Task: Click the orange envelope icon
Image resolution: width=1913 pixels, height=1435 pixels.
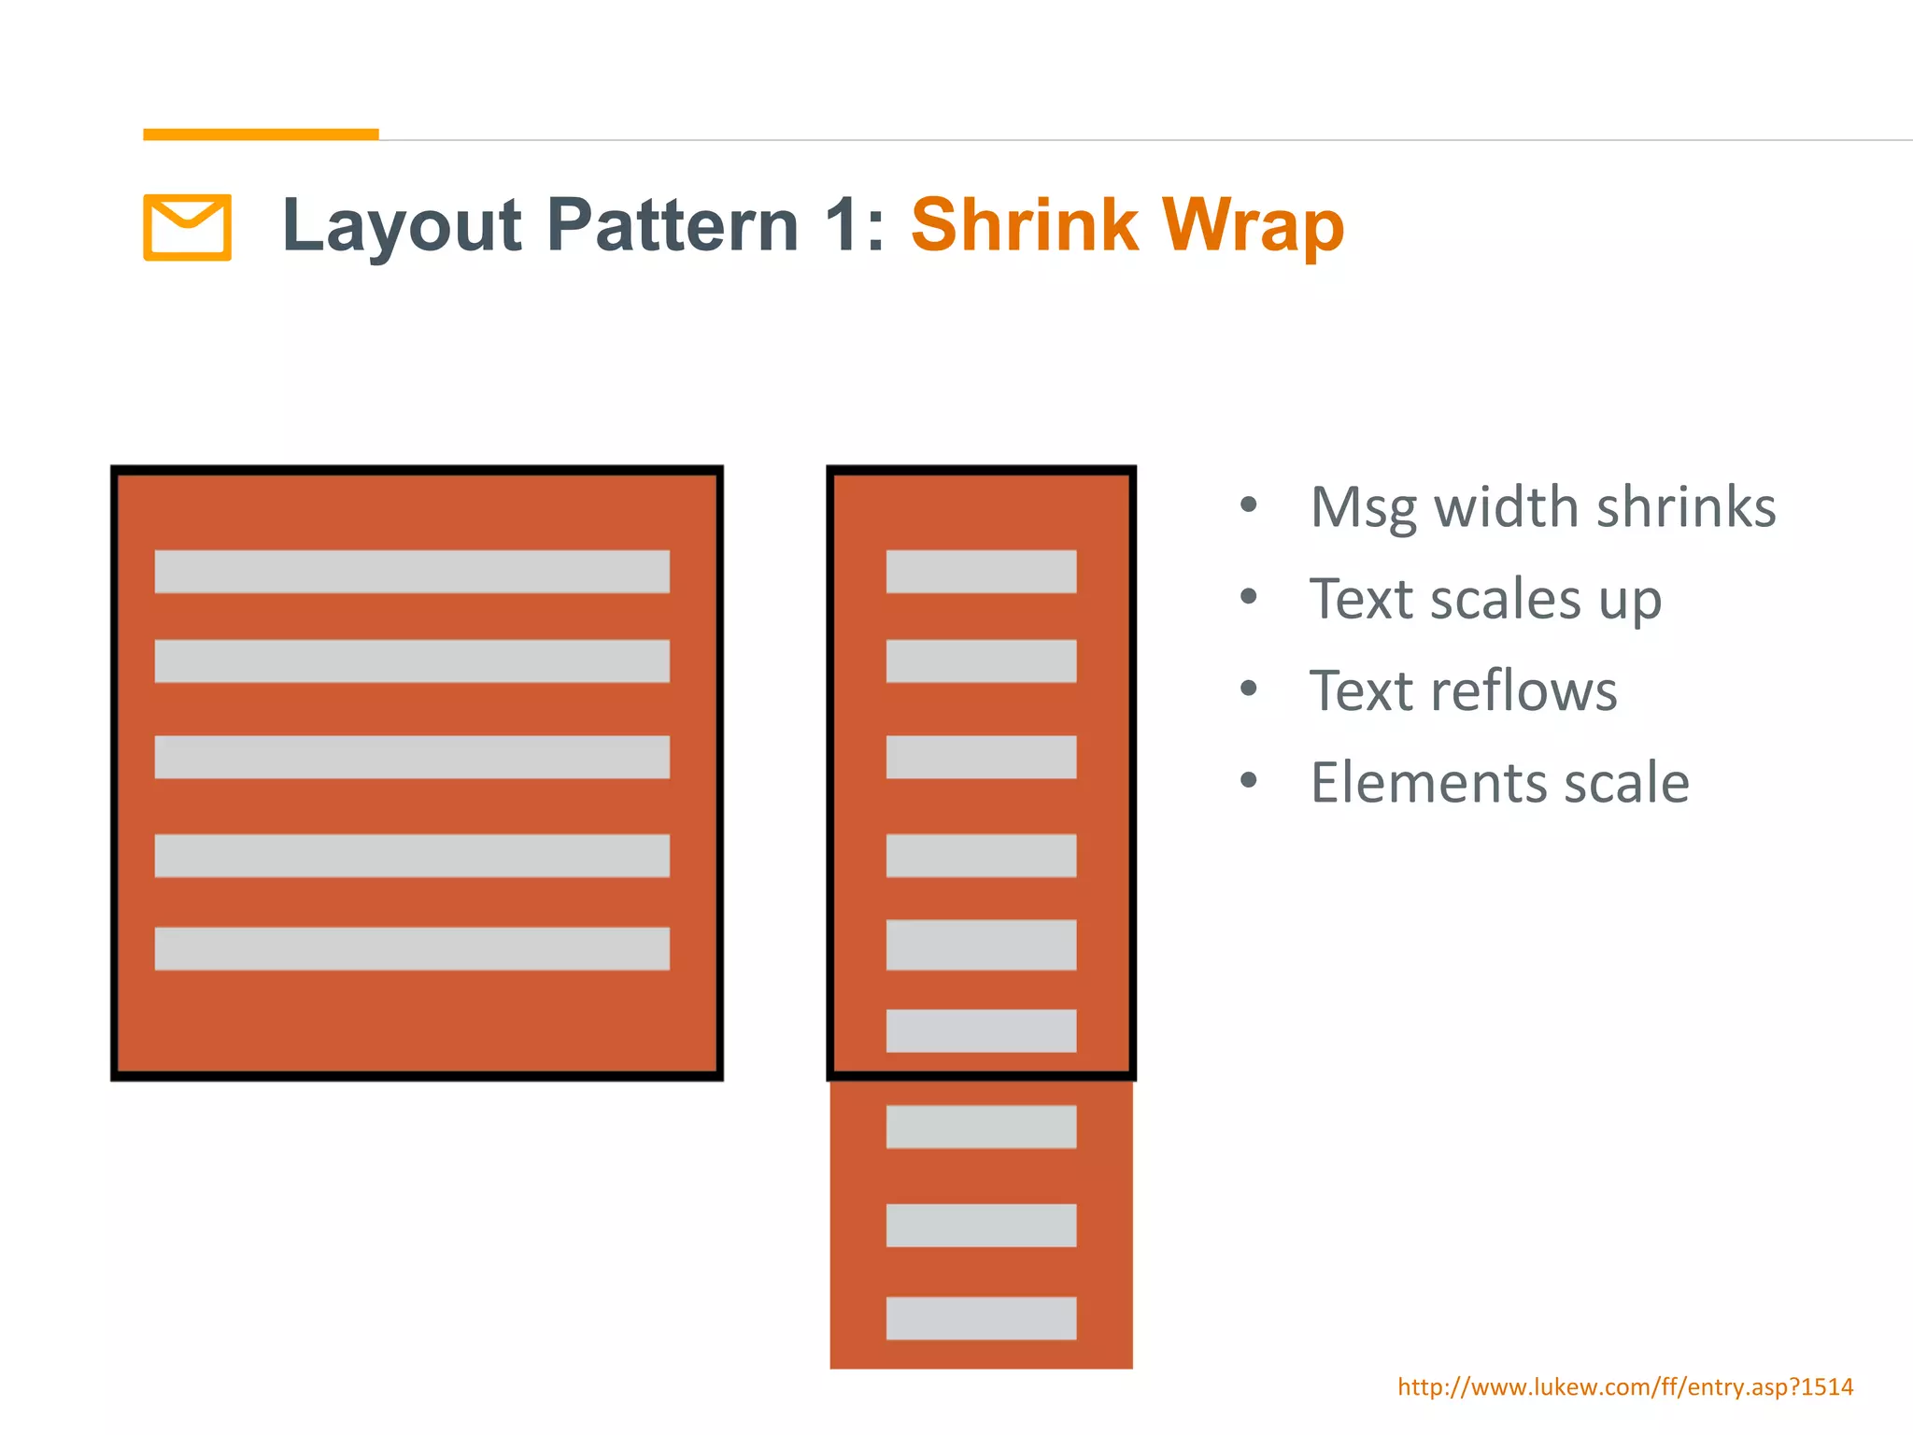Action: click(x=187, y=227)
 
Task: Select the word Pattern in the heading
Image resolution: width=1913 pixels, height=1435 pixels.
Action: click(x=673, y=225)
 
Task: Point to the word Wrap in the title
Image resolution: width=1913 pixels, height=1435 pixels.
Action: click(x=1252, y=227)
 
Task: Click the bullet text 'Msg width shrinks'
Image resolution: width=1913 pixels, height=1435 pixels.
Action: click(x=1542, y=507)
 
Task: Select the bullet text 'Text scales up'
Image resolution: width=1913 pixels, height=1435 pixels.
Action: click(x=1485, y=599)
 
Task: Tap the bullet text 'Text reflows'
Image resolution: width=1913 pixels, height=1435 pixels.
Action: click(x=1463, y=691)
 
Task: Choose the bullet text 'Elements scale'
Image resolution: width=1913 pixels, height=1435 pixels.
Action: click(x=1499, y=782)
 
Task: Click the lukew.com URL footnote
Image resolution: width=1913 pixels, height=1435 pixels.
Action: click(x=1625, y=1386)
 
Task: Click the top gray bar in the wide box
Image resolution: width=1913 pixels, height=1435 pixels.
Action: click(x=412, y=572)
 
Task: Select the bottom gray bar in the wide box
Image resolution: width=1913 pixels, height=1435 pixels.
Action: click(x=412, y=948)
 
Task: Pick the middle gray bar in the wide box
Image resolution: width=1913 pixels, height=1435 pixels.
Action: click(x=412, y=757)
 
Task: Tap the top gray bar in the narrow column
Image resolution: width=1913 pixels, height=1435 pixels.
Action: click(x=981, y=572)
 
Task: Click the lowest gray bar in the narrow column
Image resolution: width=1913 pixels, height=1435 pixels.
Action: click(x=981, y=1317)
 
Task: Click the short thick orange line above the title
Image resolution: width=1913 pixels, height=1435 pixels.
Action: click(x=261, y=135)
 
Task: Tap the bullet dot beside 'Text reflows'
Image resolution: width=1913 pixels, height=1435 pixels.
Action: click(x=1249, y=689)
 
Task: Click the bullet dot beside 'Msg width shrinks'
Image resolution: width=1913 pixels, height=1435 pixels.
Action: click(x=1249, y=505)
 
